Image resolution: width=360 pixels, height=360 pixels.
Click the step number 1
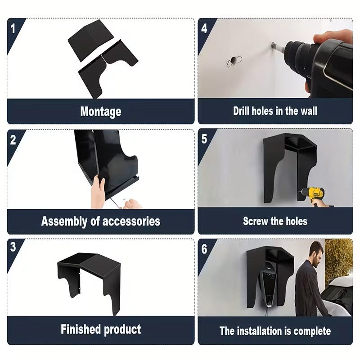click(x=13, y=28)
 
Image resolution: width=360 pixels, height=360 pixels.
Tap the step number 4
click(x=204, y=28)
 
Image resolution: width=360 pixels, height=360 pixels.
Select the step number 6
click(x=204, y=249)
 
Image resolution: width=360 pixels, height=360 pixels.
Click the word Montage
click(x=101, y=112)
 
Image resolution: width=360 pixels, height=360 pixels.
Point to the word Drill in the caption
click(x=241, y=111)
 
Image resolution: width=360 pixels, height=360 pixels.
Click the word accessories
click(x=131, y=221)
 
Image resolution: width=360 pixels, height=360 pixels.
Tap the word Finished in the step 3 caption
click(x=81, y=329)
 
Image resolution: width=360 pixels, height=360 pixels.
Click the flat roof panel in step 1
click(x=91, y=40)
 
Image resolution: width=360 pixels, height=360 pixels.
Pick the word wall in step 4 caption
click(x=309, y=111)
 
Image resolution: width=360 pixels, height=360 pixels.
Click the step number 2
click(x=13, y=139)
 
